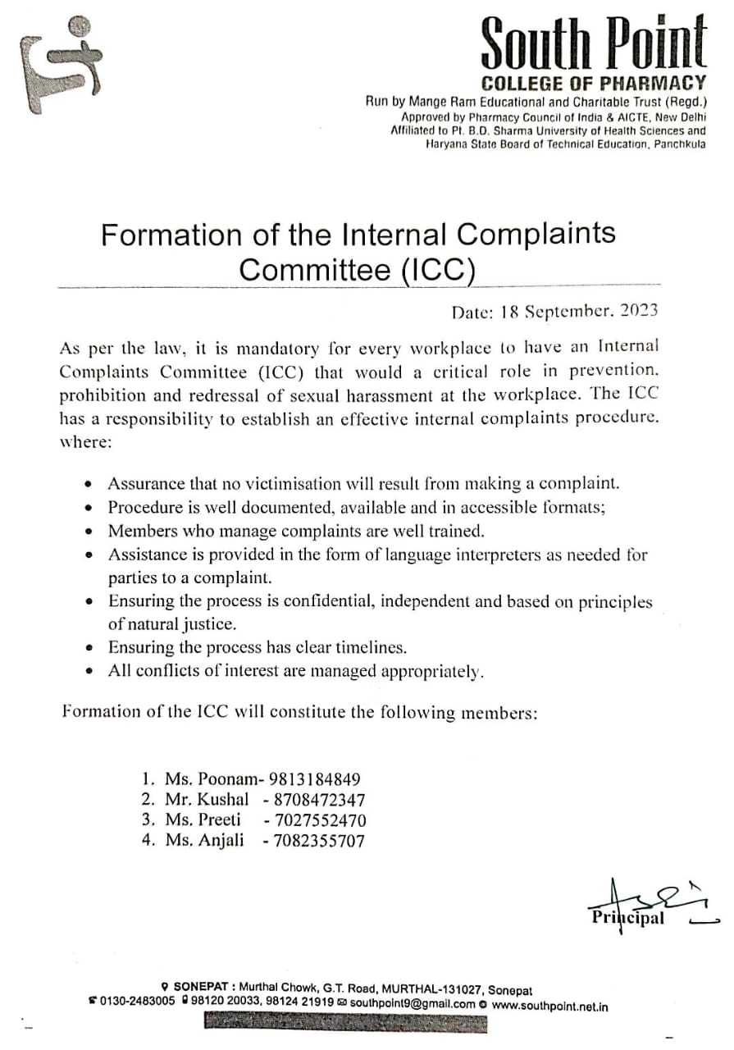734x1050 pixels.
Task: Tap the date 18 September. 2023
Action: point(554,312)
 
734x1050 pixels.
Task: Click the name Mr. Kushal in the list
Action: point(207,800)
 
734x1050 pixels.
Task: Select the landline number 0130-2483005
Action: point(137,1002)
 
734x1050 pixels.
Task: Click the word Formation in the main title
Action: point(163,235)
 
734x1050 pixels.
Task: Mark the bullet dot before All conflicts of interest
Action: point(89,672)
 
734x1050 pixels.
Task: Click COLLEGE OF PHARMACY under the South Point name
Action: point(593,83)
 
